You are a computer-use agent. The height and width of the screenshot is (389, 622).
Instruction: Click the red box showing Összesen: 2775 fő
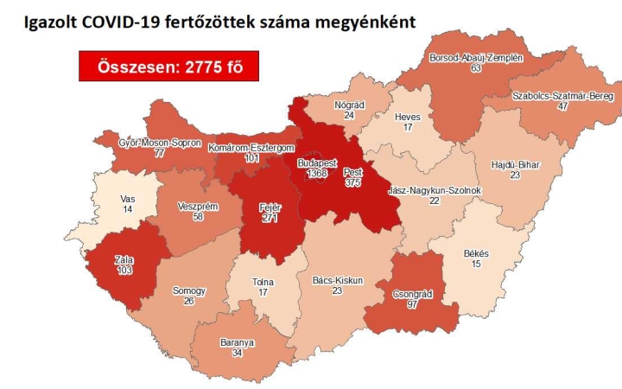(168, 67)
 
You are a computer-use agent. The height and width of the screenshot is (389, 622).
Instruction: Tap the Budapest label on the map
(316, 163)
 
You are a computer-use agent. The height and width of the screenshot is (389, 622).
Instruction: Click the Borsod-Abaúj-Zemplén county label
(476, 58)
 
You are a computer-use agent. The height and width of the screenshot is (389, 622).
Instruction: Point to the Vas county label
(128, 199)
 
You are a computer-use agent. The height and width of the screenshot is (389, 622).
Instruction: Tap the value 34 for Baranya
(231, 354)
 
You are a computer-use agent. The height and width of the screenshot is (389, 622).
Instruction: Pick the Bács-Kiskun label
(338, 280)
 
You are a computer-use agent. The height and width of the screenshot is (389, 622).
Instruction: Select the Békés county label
(477, 252)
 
